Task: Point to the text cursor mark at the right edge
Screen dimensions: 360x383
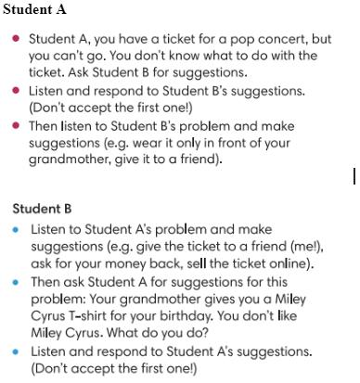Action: point(354,175)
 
